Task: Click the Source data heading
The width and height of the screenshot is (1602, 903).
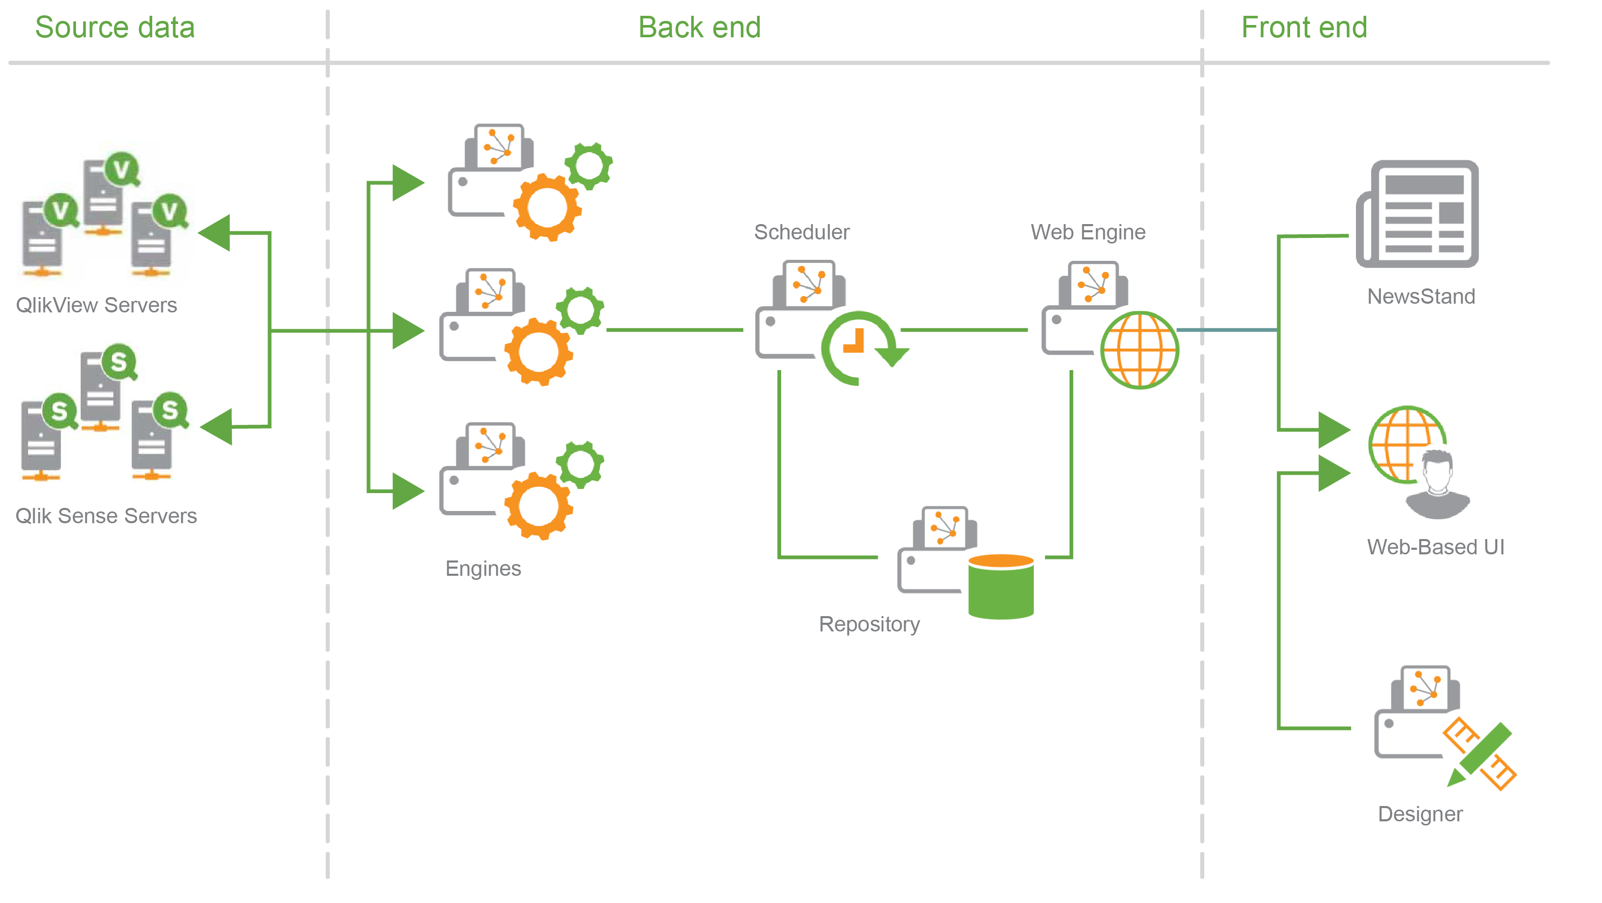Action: click(115, 28)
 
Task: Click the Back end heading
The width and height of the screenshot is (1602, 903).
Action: click(699, 28)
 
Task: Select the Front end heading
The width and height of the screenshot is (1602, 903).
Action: click(1303, 28)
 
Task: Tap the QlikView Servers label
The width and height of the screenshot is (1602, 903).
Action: click(96, 305)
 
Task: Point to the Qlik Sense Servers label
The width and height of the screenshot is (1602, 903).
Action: click(106, 516)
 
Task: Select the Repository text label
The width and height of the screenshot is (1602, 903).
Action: click(869, 624)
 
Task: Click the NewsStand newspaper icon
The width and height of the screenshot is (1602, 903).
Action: click(1418, 214)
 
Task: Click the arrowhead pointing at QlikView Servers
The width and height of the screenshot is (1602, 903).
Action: click(216, 233)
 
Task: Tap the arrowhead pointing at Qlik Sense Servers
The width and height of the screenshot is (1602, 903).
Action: click(217, 427)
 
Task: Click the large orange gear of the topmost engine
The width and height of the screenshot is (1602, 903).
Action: click(547, 208)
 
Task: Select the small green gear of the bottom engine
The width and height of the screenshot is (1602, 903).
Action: click(579, 464)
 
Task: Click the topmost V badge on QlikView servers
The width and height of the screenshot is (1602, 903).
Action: click(122, 169)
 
